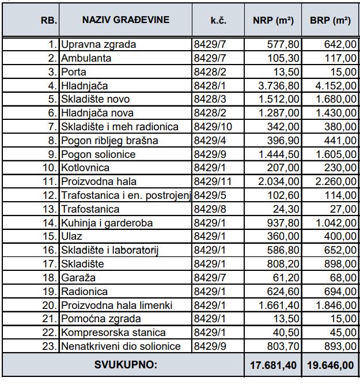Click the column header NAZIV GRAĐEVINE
coord(126,20)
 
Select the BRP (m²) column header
coord(330,20)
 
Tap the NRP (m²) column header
coord(273,20)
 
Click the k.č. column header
coord(218,20)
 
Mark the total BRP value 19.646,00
coord(330,365)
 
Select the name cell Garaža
coord(77,278)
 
